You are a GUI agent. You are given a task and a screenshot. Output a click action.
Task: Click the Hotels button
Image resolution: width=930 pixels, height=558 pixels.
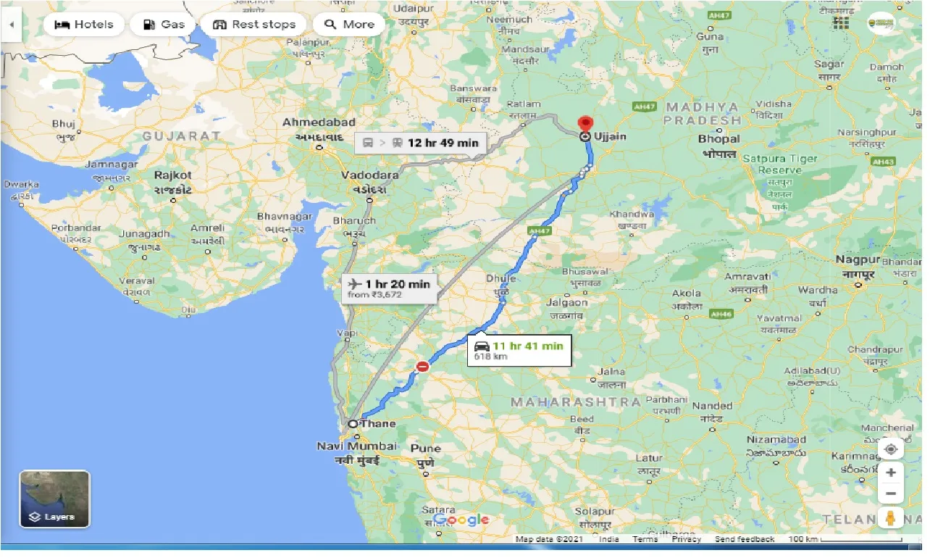click(84, 25)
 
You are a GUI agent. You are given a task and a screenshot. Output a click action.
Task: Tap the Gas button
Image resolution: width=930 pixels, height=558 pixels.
click(163, 25)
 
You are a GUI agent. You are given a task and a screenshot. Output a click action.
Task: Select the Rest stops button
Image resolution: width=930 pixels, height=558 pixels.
click(254, 25)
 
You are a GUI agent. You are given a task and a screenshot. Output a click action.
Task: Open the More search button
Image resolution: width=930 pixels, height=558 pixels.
click(349, 25)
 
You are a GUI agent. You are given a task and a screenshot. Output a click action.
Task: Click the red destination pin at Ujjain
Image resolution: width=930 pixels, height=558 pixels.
click(585, 124)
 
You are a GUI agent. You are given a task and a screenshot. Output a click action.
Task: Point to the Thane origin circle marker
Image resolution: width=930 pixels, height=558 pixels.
click(353, 424)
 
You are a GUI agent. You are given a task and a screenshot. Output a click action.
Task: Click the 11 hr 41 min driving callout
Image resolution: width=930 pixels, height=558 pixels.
click(519, 349)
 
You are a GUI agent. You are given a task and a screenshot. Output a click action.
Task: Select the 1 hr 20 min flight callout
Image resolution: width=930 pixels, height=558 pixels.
click(389, 288)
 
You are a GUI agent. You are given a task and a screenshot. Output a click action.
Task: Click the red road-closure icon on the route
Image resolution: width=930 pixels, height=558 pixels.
click(422, 367)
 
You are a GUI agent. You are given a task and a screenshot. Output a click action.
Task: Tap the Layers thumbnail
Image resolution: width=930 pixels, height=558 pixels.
click(55, 499)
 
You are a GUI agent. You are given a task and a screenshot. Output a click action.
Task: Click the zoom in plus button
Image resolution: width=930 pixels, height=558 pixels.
click(891, 472)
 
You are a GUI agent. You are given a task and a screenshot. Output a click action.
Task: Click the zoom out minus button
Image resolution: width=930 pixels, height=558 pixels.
click(891, 494)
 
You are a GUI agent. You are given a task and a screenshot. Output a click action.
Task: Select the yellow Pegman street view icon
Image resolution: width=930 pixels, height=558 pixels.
click(891, 518)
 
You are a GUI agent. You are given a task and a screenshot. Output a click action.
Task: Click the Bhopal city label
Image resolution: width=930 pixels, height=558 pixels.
click(719, 138)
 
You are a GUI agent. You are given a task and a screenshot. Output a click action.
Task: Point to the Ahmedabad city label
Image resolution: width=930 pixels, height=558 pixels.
click(319, 122)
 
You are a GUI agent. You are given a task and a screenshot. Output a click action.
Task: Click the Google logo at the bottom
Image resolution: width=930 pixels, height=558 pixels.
click(462, 520)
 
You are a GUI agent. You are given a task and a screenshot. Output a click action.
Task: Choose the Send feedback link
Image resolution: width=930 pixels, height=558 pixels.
click(745, 539)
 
